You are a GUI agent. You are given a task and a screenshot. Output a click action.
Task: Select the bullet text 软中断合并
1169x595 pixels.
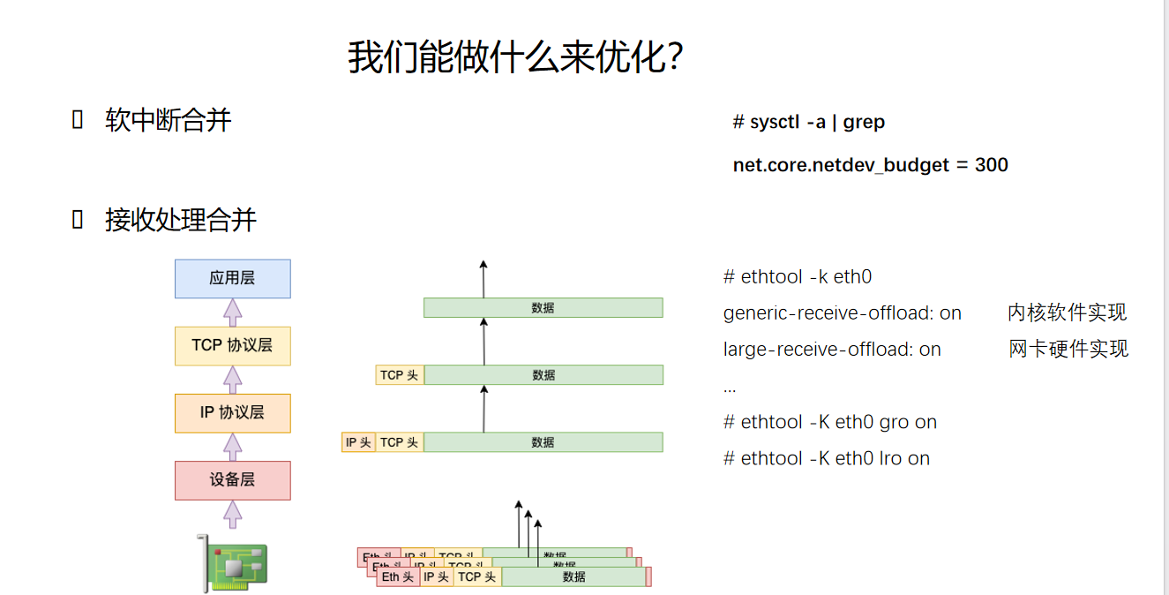[x=168, y=120]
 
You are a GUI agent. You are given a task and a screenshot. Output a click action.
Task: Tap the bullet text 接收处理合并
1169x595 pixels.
[x=180, y=220]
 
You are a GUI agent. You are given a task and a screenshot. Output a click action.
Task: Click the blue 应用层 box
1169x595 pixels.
[x=232, y=278]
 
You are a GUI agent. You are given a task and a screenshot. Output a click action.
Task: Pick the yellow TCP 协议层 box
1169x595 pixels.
[x=232, y=345]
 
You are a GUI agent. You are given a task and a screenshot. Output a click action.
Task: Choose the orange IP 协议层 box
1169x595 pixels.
[x=232, y=412]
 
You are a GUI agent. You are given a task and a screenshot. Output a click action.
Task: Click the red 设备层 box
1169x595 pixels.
[x=232, y=479]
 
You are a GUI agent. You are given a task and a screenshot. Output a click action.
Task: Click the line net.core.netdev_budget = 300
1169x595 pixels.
[x=870, y=165]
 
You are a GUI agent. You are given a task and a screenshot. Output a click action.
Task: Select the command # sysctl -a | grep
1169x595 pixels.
[x=808, y=122]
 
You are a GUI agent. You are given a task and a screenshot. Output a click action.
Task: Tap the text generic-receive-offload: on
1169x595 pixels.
[x=842, y=313]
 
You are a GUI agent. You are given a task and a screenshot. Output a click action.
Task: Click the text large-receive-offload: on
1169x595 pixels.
[x=832, y=350]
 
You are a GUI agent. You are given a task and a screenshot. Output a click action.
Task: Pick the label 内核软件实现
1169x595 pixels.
[x=1067, y=313]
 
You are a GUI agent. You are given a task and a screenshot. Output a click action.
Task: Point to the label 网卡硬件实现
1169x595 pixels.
[x=1068, y=349]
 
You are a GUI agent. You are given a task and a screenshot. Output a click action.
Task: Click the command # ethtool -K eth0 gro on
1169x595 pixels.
[x=829, y=422]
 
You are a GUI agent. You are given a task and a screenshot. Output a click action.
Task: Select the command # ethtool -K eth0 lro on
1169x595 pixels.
[x=826, y=458]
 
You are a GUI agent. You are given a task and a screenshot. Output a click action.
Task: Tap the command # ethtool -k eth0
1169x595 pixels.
[x=797, y=277]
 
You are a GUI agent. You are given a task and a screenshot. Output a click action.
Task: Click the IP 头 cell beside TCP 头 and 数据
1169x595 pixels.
[x=358, y=442]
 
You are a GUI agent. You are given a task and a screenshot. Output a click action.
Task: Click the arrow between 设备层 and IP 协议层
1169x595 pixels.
[x=232, y=447]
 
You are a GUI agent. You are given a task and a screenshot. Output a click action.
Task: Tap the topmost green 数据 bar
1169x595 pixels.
[x=543, y=307]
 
